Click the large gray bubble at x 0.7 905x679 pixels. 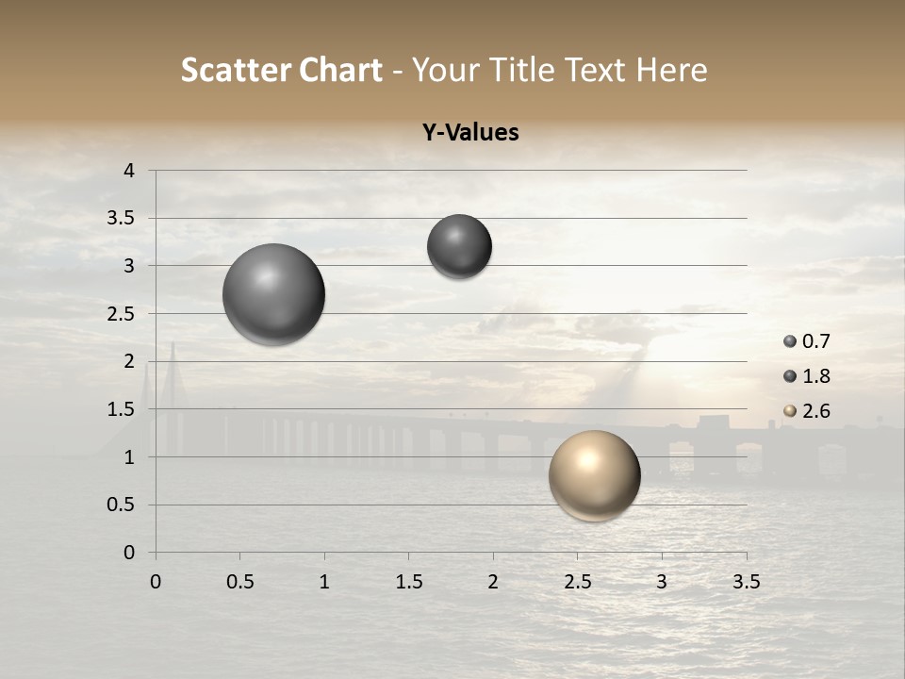273,294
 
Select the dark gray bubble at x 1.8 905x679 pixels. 459,246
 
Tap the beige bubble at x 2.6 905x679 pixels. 594,475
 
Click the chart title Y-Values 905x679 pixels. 469,133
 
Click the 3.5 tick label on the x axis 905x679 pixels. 746,582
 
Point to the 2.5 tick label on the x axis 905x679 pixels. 577,582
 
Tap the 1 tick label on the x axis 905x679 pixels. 324,582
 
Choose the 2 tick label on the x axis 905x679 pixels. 493,582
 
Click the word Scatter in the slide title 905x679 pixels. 235,70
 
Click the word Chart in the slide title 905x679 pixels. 340,70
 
